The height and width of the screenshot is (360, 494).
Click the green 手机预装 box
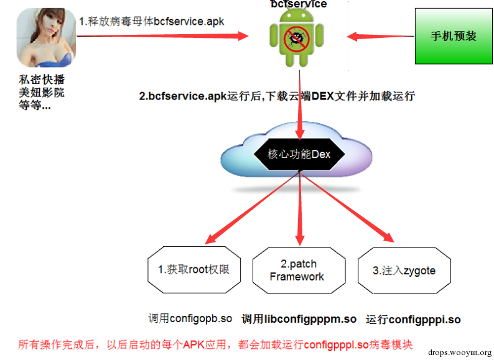[x=454, y=36]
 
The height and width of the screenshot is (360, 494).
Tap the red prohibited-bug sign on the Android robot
[x=297, y=39]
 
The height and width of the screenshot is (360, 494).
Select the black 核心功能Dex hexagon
[x=299, y=154]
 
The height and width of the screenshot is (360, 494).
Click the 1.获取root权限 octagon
[x=194, y=270]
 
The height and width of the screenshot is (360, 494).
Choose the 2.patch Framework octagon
[x=299, y=270]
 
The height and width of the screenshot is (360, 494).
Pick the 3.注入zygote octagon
[x=404, y=270]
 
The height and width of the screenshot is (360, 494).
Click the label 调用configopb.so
[x=190, y=318]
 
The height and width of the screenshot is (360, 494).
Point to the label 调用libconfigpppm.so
[x=299, y=319]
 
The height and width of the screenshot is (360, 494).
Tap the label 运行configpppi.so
[x=413, y=320]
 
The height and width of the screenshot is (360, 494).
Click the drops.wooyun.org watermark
[x=460, y=353]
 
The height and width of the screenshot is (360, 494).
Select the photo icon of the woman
[x=46, y=37]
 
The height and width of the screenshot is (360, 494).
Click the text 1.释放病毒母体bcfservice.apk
[x=152, y=21]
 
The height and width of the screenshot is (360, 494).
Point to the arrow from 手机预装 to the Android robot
[x=380, y=37]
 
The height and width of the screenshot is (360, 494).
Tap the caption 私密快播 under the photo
[x=42, y=80]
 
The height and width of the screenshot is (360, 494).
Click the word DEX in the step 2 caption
[x=322, y=96]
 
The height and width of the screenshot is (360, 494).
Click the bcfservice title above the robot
[x=299, y=4]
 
